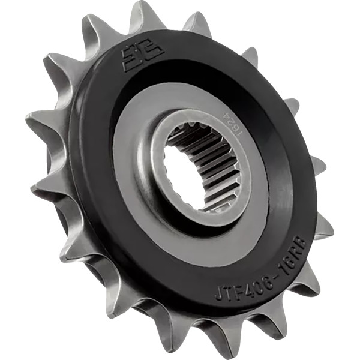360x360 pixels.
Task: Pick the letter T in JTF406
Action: click(x=227, y=292)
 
